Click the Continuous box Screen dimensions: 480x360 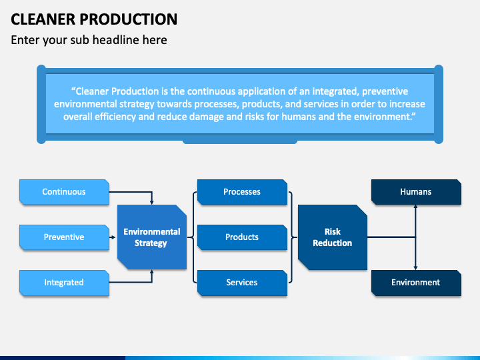(64, 191)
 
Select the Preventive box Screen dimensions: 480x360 (64, 237)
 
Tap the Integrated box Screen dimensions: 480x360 (64, 282)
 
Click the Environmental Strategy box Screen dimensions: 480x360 (152, 237)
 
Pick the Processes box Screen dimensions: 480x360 (242, 191)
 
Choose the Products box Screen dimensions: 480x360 (242, 237)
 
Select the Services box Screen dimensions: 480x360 (242, 282)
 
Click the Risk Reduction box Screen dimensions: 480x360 (333, 237)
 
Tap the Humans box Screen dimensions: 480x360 (416, 191)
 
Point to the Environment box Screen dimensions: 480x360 (416, 282)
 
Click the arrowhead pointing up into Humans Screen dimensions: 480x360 (415, 207)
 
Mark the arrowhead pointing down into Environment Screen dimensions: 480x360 (415, 268)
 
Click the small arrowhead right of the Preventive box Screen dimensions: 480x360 (113, 237)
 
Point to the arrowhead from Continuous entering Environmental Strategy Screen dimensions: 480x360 (152, 203)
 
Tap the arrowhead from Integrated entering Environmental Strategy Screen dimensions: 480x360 (152, 272)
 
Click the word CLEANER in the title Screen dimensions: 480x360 (43, 19)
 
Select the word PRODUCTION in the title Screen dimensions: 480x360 (129, 19)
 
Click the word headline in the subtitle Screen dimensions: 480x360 (116, 40)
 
